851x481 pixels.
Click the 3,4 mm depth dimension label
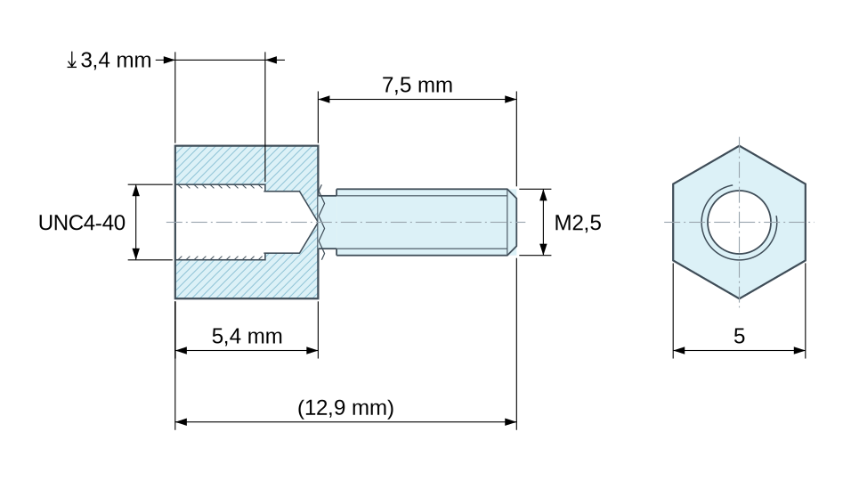(x=116, y=61)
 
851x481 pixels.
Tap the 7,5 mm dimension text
(x=417, y=86)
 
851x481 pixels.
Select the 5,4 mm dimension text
(x=247, y=337)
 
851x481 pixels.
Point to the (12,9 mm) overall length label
(x=345, y=408)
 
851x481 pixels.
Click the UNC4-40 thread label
(x=82, y=223)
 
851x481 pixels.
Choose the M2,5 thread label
(x=578, y=223)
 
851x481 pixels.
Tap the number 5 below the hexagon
(x=739, y=337)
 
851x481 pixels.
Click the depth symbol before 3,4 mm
(x=71, y=61)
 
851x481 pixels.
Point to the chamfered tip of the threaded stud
(x=512, y=222)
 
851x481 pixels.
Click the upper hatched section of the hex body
(x=247, y=165)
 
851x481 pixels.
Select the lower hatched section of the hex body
(x=247, y=279)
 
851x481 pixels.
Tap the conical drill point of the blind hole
(x=308, y=222)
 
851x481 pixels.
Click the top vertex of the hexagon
(x=739, y=145)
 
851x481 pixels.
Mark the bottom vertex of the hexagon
(x=739, y=298)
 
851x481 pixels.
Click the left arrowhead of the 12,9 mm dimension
(x=182, y=422)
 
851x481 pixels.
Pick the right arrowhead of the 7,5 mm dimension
(x=511, y=100)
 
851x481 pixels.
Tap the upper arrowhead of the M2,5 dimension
(x=543, y=195)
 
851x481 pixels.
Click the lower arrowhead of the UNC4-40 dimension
(x=136, y=254)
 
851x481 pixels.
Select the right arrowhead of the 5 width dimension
(x=799, y=351)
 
